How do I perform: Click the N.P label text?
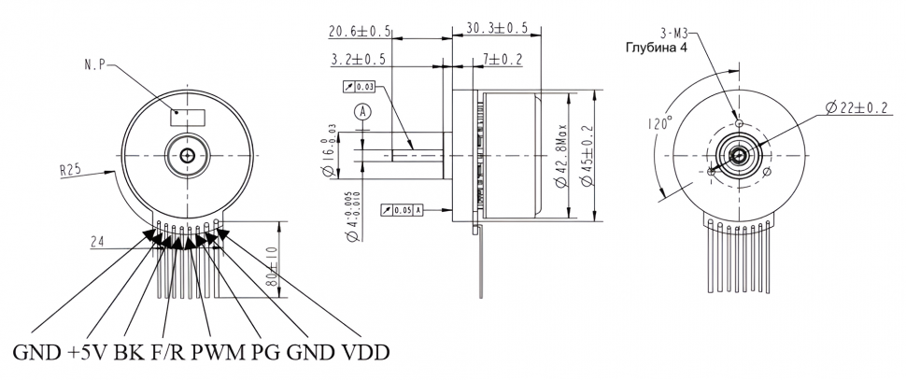(x=93, y=65)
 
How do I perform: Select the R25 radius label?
(x=70, y=171)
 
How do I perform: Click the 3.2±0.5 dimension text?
(x=360, y=61)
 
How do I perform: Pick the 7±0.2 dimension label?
(x=503, y=61)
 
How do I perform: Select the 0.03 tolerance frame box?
(x=359, y=88)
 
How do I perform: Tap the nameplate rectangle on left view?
(x=188, y=117)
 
